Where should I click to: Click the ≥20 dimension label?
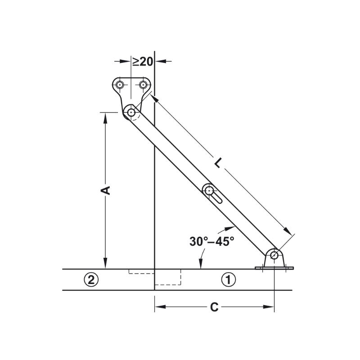143,62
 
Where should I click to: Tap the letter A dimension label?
106,190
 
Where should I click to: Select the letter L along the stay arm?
218,162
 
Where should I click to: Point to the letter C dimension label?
214,307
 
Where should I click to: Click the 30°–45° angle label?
211,241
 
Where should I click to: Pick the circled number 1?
228,279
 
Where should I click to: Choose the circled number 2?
91,279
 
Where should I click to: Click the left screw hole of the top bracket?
120,85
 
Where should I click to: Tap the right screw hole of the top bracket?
143,85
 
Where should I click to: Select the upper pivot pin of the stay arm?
131,112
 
